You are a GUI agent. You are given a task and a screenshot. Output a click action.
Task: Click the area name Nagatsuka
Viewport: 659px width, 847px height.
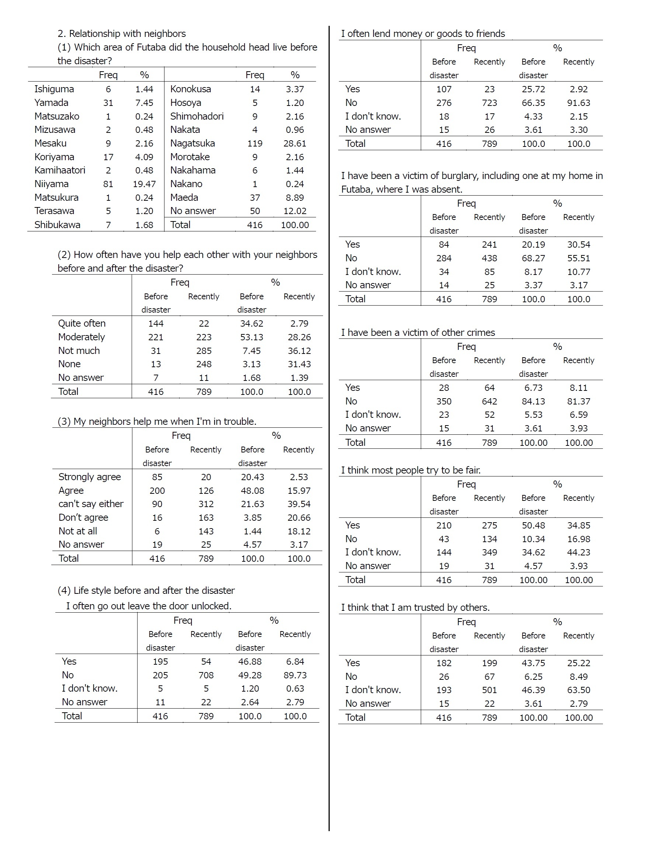(x=193, y=144)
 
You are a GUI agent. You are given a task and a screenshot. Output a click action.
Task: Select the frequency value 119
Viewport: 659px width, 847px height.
(x=255, y=144)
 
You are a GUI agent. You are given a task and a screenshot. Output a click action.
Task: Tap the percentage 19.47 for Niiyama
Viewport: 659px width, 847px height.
(x=144, y=184)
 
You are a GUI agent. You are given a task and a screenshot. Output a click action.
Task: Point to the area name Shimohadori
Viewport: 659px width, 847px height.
(x=197, y=116)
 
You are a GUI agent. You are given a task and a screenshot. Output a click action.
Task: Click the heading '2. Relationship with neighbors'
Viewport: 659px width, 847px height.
(x=122, y=34)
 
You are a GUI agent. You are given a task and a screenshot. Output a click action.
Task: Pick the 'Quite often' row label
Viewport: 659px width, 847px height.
(x=82, y=323)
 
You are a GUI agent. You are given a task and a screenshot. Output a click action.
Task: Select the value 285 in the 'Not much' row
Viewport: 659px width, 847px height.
(x=204, y=351)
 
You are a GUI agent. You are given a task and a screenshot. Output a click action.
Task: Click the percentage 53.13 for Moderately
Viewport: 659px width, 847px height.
(x=252, y=337)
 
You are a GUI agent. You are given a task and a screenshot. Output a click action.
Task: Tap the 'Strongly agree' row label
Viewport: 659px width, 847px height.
(x=90, y=477)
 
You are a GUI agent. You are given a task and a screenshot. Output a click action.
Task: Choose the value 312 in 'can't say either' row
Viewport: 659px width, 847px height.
(x=206, y=504)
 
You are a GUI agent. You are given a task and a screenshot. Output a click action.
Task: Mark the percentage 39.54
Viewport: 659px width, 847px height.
(x=299, y=504)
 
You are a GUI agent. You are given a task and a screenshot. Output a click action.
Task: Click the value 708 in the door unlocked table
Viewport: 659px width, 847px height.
(x=206, y=675)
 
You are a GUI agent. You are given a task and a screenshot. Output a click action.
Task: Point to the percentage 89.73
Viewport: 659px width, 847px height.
(x=295, y=675)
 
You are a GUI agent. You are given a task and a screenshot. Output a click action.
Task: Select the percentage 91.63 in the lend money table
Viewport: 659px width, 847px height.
(x=579, y=103)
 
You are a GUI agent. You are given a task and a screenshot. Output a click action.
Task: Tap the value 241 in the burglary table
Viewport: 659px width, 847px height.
(x=490, y=245)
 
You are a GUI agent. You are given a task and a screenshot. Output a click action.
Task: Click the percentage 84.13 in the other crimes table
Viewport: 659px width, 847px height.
(x=534, y=402)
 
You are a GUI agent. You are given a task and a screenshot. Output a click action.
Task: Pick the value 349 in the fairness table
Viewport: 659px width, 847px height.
(x=490, y=552)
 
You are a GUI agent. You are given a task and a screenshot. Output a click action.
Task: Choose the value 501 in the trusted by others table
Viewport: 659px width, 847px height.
(x=490, y=690)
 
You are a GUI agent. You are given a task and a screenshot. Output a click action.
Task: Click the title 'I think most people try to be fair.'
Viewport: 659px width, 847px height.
(x=411, y=471)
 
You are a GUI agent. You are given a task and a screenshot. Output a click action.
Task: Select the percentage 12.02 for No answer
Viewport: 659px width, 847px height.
(x=295, y=211)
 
